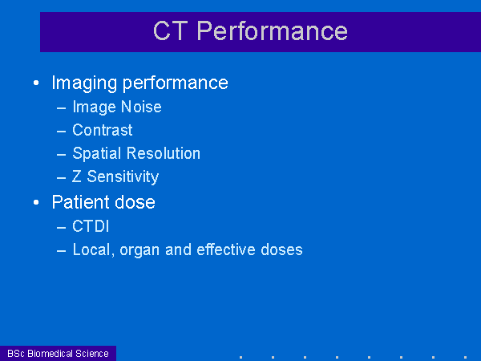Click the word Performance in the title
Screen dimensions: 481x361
tap(272, 30)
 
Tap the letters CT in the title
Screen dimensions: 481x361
tap(170, 30)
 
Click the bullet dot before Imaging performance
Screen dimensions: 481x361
tap(36, 83)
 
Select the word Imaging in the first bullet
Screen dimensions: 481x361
tap(84, 83)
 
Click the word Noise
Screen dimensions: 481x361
tap(141, 107)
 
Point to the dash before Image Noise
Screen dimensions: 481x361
tap(62, 108)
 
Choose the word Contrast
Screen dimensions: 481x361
tap(103, 130)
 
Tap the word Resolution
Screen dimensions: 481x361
tap(164, 153)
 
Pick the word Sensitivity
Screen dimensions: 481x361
tap(123, 176)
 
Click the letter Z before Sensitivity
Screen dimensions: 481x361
tap(77, 176)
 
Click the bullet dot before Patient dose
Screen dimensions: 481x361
tap(36, 202)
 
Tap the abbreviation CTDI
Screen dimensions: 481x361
tap(91, 226)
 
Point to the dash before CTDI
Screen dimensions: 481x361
tap(62, 228)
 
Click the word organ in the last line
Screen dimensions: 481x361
tap(139, 250)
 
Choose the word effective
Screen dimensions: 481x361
tap(226, 249)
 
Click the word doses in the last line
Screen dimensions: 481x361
tap(281, 249)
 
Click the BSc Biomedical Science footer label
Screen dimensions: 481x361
tap(58, 354)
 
